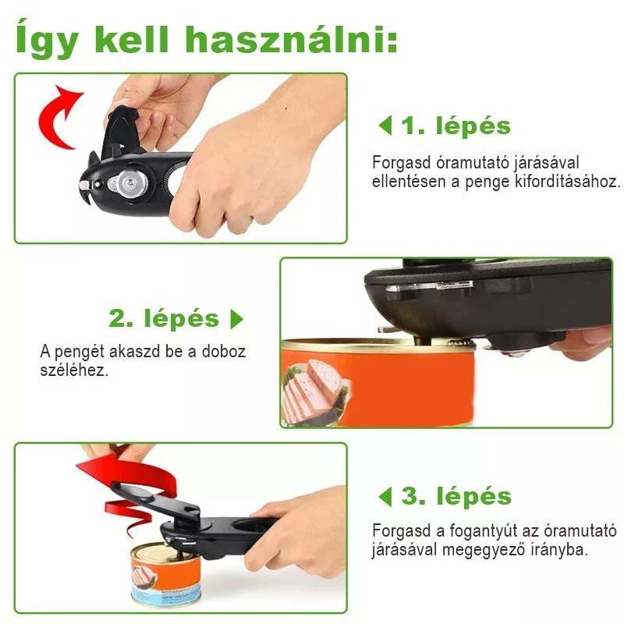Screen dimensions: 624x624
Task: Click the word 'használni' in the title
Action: pos(291,40)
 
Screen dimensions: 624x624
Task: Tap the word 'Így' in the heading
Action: pos(47,38)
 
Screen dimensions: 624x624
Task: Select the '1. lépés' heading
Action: pos(456,126)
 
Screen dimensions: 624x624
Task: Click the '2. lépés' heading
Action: pos(164,319)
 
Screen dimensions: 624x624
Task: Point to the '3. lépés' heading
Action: pos(456,496)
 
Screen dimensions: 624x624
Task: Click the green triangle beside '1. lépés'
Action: pos(385,126)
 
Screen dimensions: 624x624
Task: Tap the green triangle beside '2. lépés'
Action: pos(236,319)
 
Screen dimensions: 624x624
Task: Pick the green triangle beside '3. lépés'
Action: pos(385,497)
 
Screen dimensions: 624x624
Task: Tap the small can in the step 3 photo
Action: pos(166,575)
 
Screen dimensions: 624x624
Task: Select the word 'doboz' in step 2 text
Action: pos(224,352)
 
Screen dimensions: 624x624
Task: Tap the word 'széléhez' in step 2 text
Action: pos(74,371)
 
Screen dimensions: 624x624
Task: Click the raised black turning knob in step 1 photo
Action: pos(120,130)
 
